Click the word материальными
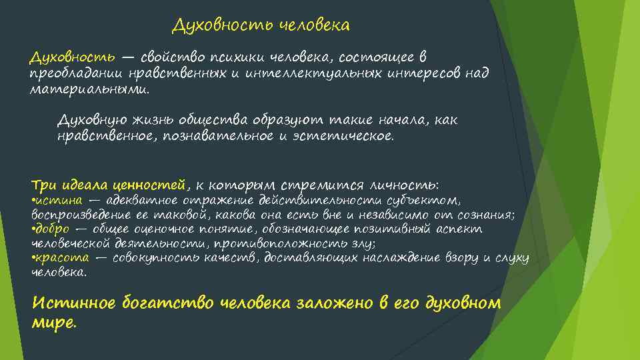pos(89,89)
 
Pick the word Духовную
pos(91,120)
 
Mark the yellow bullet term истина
pos(59,200)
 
